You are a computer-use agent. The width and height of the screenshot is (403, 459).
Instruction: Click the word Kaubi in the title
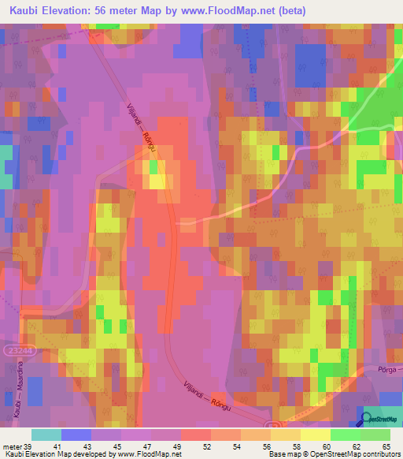[28, 10]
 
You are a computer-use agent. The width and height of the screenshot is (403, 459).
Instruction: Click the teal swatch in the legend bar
[46, 435]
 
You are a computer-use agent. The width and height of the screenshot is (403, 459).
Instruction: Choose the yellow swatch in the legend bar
[315, 435]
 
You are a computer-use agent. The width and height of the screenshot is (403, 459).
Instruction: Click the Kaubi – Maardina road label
[15, 392]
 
